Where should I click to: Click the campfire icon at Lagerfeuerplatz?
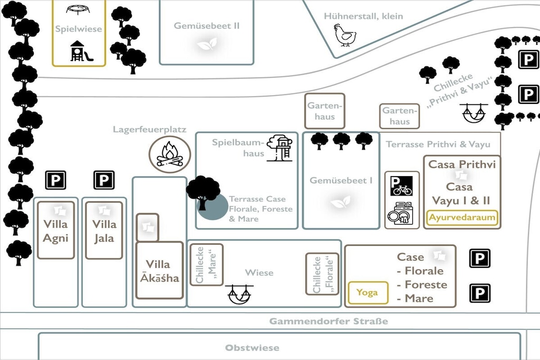(169, 154)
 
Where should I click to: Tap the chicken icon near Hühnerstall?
(345, 35)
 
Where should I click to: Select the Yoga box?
(368, 293)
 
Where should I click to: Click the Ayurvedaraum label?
(462, 218)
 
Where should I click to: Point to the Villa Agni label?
(56, 231)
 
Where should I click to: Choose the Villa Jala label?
(104, 231)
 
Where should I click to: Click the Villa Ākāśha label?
(159, 271)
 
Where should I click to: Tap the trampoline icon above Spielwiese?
(78, 9)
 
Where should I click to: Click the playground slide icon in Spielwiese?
(81, 51)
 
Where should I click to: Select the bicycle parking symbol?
(401, 186)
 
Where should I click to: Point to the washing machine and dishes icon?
(401, 213)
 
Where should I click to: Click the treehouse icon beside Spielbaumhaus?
(280, 148)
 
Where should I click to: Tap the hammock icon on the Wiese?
(239, 295)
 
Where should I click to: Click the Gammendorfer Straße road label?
(329, 321)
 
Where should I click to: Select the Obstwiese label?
(252, 347)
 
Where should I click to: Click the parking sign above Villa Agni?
(55, 180)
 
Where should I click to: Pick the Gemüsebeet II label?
(206, 26)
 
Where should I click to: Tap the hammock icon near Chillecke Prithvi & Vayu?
(474, 113)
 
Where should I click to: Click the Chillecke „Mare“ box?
(207, 265)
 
